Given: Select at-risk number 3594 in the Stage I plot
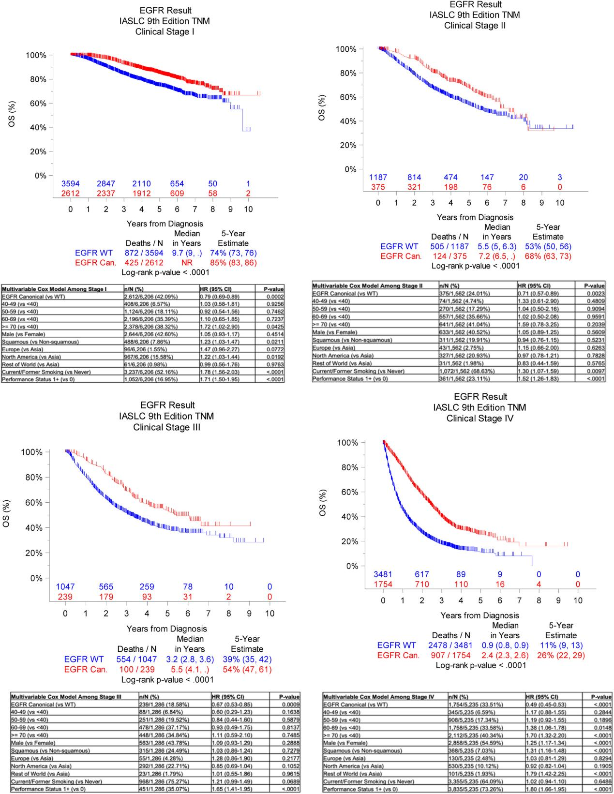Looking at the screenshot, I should (x=70, y=184).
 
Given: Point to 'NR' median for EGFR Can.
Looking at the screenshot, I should (x=187, y=263).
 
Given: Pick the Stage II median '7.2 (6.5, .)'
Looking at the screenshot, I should (x=497, y=256).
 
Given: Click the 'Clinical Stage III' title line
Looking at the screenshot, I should (x=166, y=427).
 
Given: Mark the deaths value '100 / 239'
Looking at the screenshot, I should (x=137, y=670).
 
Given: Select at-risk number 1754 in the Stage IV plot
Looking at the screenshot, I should (x=383, y=584).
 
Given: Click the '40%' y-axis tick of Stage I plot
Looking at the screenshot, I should (x=37, y=128).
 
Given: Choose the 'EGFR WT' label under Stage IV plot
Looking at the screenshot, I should (x=396, y=645).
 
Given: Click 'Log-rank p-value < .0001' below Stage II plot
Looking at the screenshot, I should (x=475, y=266).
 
